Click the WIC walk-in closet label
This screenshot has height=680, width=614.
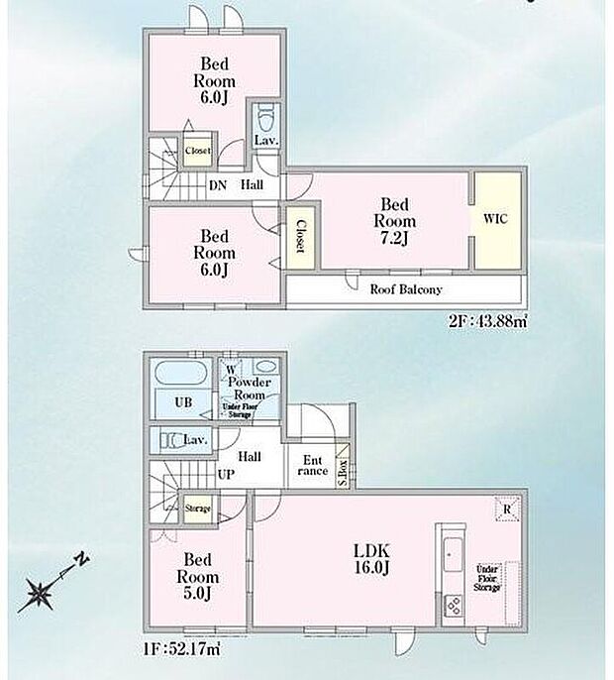tap(496, 219)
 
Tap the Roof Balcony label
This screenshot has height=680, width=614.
tap(406, 289)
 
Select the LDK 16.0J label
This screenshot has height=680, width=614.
tap(372, 558)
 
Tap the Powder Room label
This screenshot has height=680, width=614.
tap(246, 389)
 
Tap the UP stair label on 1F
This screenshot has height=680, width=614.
tap(226, 476)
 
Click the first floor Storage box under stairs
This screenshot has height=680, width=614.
tap(197, 509)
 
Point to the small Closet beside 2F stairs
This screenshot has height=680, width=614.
tap(197, 151)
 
